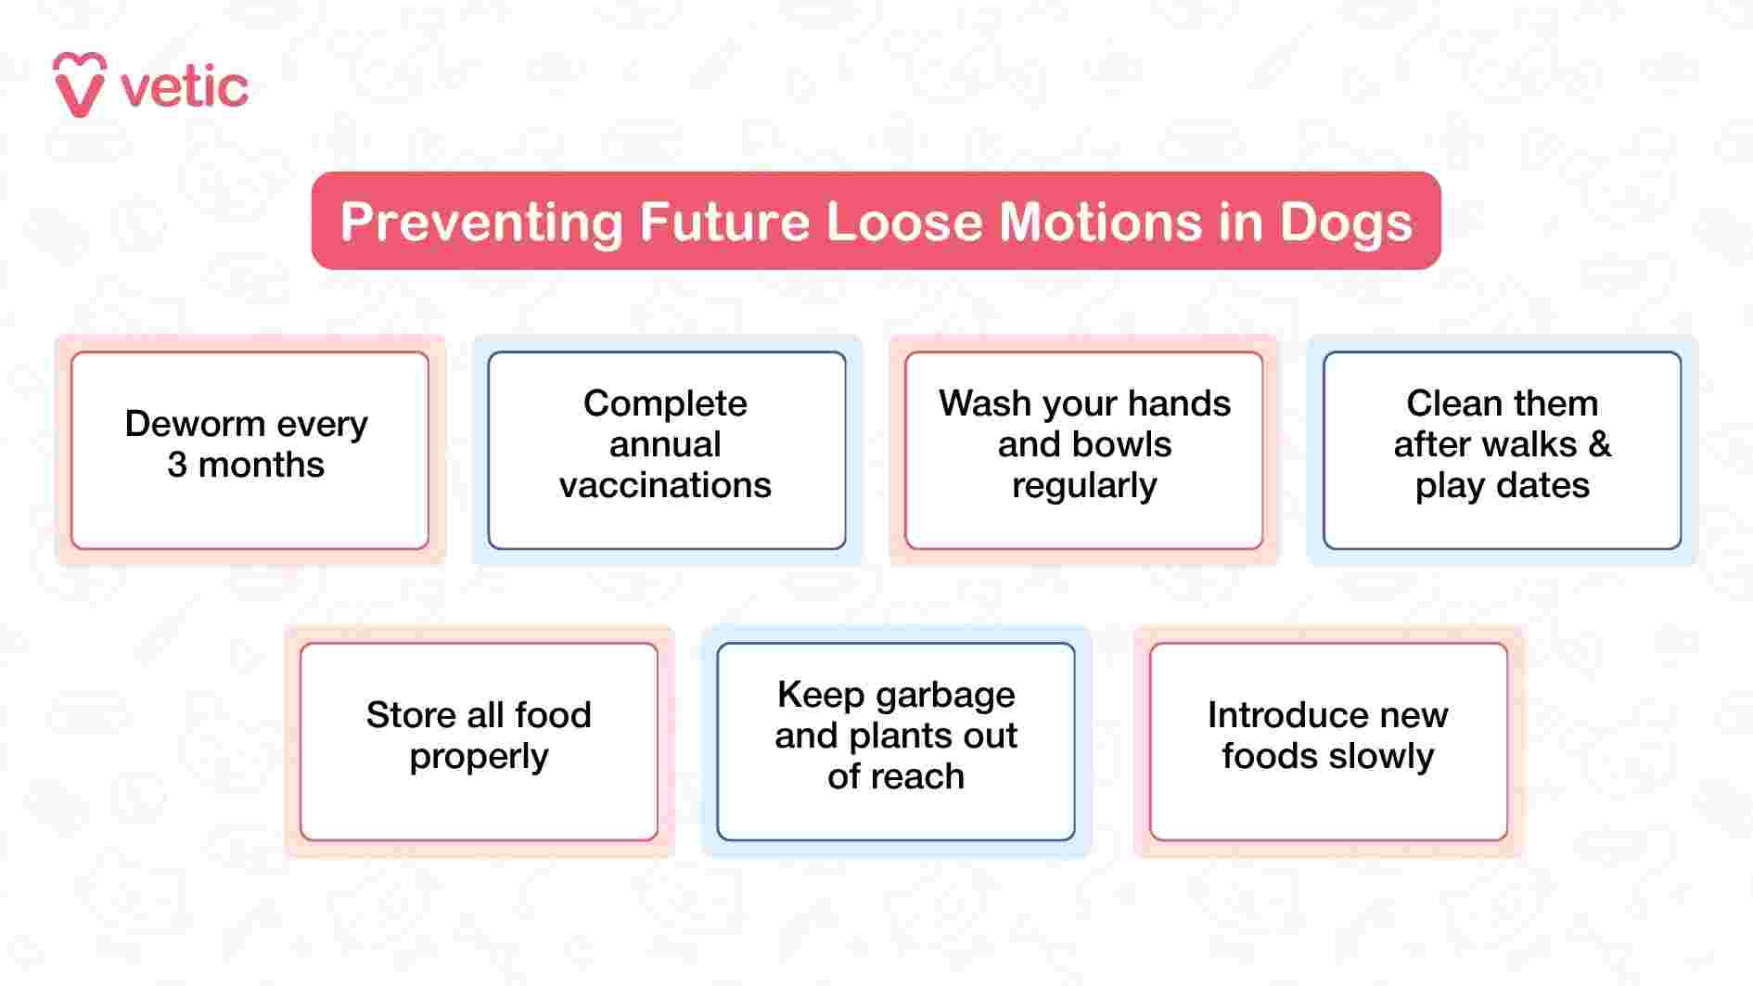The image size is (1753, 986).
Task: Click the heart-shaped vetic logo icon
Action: pyautogui.click(x=80, y=84)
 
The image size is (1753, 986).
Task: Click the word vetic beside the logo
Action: pyautogui.click(x=184, y=88)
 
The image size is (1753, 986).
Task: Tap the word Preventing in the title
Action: pyautogui.click(x=481, y=223)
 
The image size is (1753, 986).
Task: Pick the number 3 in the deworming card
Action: pyautogui.click(x=177, y=465)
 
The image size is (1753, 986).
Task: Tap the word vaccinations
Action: pyautogui.click(x=665, y=485)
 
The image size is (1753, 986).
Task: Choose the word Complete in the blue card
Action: pyautogui.click(x=665, y=404)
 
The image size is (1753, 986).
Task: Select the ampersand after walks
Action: pyautogui.click(x=1599, y=444)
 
